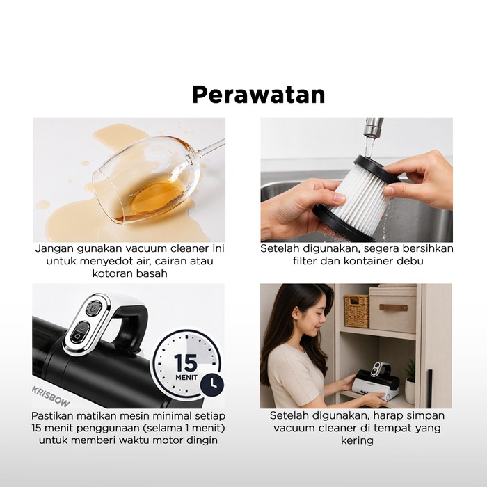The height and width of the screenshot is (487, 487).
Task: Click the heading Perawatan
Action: (258, 95)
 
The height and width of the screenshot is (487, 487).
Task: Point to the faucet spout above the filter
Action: (374, 128)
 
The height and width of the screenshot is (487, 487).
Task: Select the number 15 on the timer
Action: (186, 362)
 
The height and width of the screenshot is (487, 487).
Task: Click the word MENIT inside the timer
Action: (186, 378)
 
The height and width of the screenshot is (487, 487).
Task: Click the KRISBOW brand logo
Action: (51, 397)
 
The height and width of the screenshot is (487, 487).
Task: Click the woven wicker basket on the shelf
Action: (356, 311)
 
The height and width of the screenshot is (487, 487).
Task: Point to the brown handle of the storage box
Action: (393, 308)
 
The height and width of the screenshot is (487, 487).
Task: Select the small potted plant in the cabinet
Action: (410, 382)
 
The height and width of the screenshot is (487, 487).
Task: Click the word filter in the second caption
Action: (305, 261)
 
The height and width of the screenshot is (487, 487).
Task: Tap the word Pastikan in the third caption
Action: (52, 415)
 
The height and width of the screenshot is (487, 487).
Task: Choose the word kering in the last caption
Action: (357, 440)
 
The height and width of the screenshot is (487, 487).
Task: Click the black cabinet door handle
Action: (429, 388)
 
